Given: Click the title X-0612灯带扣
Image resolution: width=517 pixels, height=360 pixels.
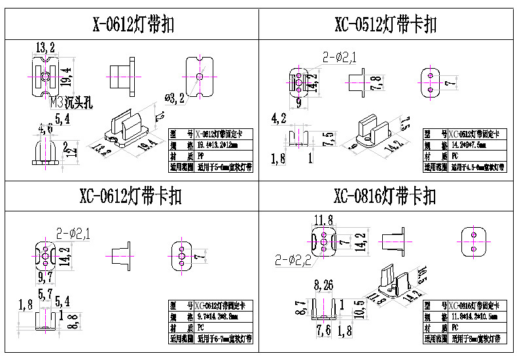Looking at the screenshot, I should coord(134,25).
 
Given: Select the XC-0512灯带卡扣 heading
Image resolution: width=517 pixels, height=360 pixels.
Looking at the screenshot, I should coord(385,25).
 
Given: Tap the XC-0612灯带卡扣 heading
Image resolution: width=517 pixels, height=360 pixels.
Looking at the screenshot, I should coord(130,196).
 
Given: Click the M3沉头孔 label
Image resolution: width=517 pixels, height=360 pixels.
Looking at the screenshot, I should coord(72,102).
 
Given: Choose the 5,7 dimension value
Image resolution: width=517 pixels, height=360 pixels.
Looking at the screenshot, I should coord(46,294).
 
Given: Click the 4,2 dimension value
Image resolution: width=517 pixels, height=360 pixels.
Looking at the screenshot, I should coord(279,118).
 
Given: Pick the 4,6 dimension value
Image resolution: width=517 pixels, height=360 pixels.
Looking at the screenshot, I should coord(46,128).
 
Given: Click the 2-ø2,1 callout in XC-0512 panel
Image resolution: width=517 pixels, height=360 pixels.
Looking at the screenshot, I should coord(339,58).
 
